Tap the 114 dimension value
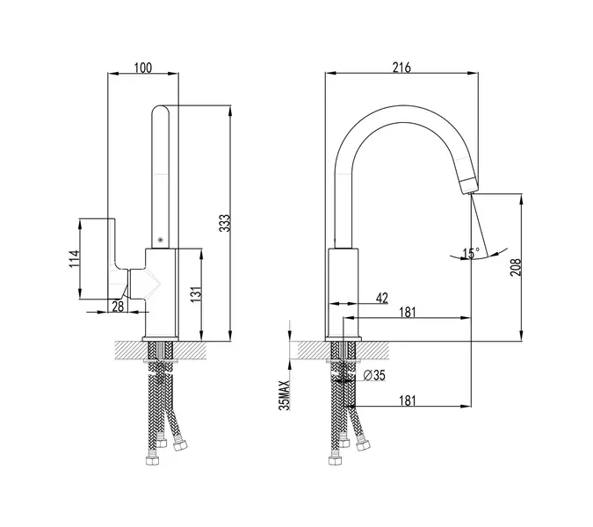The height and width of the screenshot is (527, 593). click(x=76, y=258)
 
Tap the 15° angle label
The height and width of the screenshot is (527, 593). click(x=472, y=254)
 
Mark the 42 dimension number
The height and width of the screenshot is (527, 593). click(x=381, y=299)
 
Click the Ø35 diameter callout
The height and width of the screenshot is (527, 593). click(x=375, y=376)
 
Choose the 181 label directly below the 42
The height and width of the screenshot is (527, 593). click(x=407, y=312)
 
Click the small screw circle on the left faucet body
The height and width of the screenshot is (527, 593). click(x=160, y=238)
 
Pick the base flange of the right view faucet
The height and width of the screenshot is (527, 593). click(x=344, y=338)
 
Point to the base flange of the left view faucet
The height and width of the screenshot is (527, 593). click(x=162, y=339)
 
